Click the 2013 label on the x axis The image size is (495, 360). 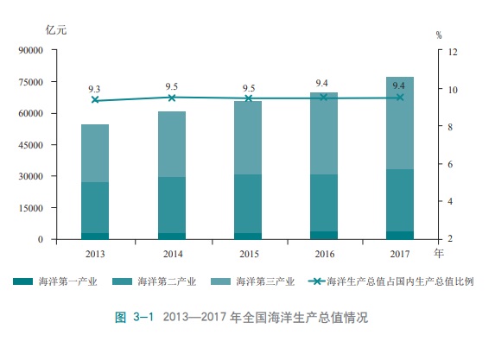(95, 254)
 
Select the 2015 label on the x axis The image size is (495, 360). (249, 254)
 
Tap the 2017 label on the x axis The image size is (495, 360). (399, 254)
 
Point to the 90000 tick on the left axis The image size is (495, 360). (31, 51)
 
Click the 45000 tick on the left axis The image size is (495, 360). (31, 145)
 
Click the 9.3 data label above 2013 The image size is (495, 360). (95, 89)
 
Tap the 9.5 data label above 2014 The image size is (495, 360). (172, 86)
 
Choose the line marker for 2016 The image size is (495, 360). (324, 98)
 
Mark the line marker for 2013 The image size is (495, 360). (95, 100)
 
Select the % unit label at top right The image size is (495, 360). (439, 35)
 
